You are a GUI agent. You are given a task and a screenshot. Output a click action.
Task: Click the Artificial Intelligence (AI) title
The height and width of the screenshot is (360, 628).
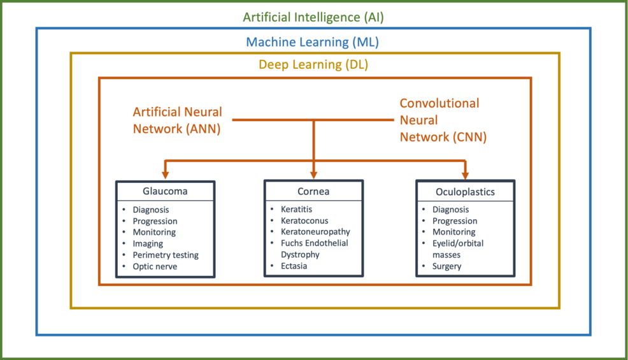313,17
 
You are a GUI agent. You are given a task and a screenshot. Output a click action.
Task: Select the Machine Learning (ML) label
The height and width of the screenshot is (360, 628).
313,42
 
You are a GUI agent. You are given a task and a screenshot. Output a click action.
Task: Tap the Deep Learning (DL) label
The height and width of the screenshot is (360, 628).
313,65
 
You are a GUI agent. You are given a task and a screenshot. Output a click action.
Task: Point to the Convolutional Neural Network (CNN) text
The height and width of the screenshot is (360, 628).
442,120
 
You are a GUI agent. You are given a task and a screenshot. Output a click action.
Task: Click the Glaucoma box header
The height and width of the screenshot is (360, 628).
165,191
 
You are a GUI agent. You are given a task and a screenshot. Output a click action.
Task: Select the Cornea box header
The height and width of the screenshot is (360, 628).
313,191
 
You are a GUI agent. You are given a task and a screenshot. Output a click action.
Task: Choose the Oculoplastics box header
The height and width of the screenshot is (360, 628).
465,191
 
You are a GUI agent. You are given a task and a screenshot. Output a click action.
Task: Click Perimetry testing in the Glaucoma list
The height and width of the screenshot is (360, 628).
166,255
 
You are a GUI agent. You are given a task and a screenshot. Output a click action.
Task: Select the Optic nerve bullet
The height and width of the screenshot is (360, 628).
155,266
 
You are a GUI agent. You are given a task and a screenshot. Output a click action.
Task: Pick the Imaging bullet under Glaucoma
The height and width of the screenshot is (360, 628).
148,243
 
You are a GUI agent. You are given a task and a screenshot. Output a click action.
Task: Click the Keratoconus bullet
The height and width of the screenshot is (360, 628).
304,220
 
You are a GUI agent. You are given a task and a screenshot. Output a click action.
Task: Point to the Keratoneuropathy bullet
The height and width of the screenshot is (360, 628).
315,232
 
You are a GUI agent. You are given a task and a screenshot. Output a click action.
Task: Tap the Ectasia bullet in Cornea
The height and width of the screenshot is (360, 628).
294,266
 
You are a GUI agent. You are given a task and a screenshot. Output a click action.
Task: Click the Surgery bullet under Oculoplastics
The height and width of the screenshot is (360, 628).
446,266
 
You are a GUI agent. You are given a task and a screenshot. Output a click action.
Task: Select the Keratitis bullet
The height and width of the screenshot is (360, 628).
296,209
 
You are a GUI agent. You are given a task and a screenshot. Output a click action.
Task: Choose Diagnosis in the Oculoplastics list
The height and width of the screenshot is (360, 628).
450,209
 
